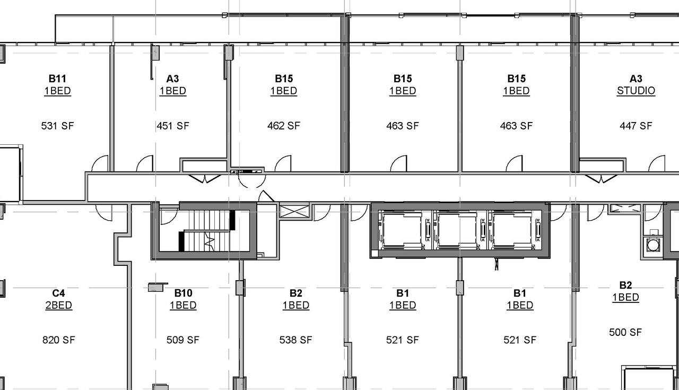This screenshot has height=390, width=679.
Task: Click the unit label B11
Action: coord(57,79)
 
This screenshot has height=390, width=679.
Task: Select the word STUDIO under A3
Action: coord(636,91)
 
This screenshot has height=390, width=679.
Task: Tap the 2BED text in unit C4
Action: coord(58,305)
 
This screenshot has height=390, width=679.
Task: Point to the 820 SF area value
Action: coord(58,340)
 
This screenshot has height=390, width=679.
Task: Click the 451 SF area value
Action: coord(172,126)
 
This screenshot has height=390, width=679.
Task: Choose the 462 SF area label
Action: coord(283,126)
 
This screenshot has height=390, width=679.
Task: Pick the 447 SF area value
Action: coord(636,126)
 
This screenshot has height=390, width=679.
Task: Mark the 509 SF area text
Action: coord(182,340)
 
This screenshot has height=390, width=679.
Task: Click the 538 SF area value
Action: coord(295,340)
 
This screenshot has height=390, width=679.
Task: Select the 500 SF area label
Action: coord(625,332)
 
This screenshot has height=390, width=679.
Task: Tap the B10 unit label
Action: coord(183,293)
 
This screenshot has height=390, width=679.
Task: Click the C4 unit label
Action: coord(58,293)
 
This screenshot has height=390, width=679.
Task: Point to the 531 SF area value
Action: coord(57,126)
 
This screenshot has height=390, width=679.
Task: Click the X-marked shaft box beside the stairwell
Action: coord(294,211)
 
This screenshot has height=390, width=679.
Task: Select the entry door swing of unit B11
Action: coord(100,164)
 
